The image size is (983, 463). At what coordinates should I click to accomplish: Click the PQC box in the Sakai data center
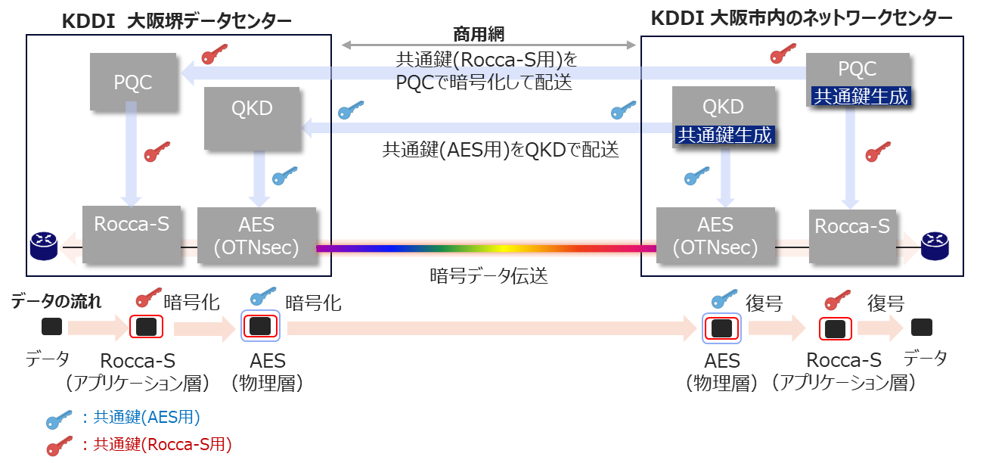(133, 81)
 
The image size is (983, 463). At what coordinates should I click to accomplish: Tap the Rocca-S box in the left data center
(132, 233)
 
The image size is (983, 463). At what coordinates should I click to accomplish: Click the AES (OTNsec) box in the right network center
(715, 235)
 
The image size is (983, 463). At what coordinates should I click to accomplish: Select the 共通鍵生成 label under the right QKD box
(724, 135)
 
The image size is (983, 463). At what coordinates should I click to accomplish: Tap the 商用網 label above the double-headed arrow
(479, 33)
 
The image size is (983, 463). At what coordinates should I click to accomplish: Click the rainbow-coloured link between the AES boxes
(484, 248)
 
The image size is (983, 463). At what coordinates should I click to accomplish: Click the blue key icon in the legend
(60, 418)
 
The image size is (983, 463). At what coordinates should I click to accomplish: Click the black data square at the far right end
(921, 328)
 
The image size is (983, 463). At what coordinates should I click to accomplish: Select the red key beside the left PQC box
(214, 54)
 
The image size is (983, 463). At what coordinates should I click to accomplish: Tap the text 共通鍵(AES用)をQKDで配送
(501, 150)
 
